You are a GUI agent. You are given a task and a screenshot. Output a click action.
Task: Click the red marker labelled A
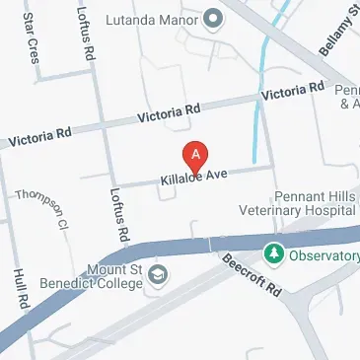pyautogui.click(x=196, y=156)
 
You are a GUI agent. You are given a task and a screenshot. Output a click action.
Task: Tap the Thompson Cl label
pyautogui.click(x=40, y=210)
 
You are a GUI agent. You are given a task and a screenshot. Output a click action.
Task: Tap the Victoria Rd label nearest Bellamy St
pyautogui.click(x=292, y=92)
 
